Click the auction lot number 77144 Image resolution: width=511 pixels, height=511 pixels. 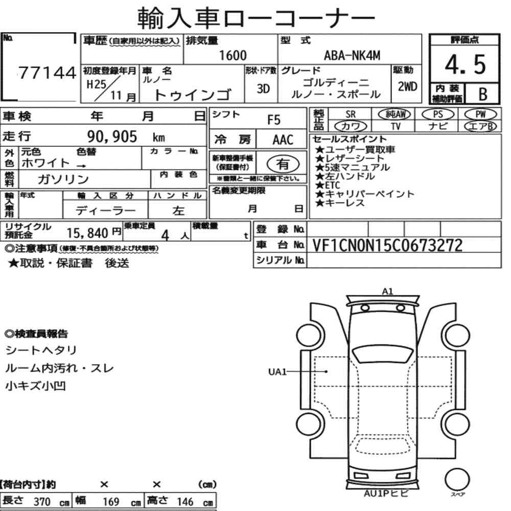(x=47, y=73)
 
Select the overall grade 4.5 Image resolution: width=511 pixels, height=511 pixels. (x=465, y=64)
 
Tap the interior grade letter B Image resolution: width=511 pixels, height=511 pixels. (x=483, y=94)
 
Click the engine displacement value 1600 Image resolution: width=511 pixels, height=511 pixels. (x=233, y=55)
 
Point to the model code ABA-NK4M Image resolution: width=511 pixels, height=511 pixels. (x=352, y=55)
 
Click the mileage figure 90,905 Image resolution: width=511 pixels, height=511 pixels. (x=112, y=136)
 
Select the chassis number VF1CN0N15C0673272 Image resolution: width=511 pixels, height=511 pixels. (x=387, y=245)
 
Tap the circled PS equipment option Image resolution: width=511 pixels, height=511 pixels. (x=438, y=114)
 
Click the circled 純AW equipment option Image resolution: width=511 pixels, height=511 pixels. (x=394, y=114)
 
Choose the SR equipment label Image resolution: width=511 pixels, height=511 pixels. (x=351, y=114)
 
